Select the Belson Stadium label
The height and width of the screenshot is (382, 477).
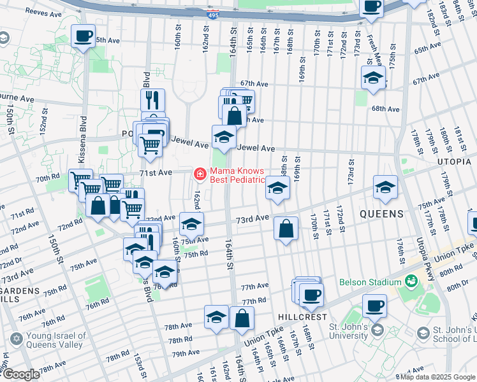(367, 281)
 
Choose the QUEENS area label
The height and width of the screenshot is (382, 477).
(381, 214)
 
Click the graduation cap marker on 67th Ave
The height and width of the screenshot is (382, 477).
(373, 78)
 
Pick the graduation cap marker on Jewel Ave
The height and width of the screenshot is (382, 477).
(224, 136)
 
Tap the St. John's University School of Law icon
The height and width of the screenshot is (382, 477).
(423, 334)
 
